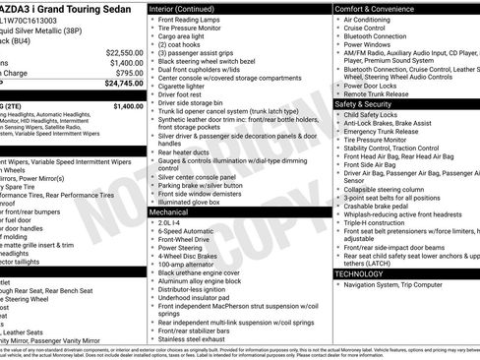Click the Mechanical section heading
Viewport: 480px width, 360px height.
click(169, 211)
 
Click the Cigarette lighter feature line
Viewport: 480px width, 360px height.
click(188, 86)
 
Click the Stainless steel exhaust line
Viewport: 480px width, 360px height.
click(196, 337)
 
